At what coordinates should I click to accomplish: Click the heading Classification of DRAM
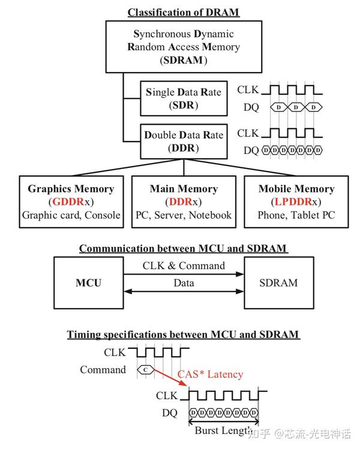pyautogui.click(x=184, y=12)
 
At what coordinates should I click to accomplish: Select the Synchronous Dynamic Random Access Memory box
pyautogui.click(x=183, y=47)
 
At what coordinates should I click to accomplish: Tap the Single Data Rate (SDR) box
pyautogui.click(x=183, y=98)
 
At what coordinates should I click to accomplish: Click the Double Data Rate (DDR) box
pyautogui.click(x=183, y=141)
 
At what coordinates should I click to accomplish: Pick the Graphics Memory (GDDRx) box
pyautogui.click(x=71, y=201)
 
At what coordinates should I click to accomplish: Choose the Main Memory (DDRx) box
pyautogui.click(x=183, y=201)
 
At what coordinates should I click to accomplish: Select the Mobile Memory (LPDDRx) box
pyautogui.click(x=296, y=201)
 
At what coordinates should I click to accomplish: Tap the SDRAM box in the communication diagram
pyautogui.click(x=278, y=282)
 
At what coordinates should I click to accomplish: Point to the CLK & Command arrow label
pyautogui.click(x=184, y=266)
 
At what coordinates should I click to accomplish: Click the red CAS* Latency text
pyautogui.click(x=210, y=374)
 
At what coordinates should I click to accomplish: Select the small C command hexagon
pyautogui.click(x=145, y=370)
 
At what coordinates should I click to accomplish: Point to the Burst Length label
pyautogui.click(x=223, y=430)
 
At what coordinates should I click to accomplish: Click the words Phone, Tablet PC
pyautogui.click(x=296, y=215)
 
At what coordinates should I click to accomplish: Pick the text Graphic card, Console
pyautogui.click(x=71, y=215)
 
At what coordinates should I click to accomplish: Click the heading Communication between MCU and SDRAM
pyautogui.click(x=183, y=248)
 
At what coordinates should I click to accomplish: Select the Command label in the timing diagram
pyautogui.click(x=103, y=370)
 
